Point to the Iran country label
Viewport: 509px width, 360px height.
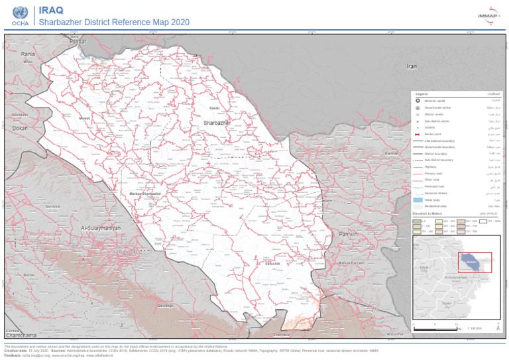(412, 66)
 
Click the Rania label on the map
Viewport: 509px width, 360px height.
(28, 54)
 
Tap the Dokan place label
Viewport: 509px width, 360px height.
(21, 128)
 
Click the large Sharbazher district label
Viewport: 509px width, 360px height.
(217, 123)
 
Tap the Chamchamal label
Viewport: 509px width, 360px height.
(19, 336)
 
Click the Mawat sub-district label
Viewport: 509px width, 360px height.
(84, 118)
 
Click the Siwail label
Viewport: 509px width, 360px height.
(214, 107)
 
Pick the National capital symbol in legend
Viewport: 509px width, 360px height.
(418, 100)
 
